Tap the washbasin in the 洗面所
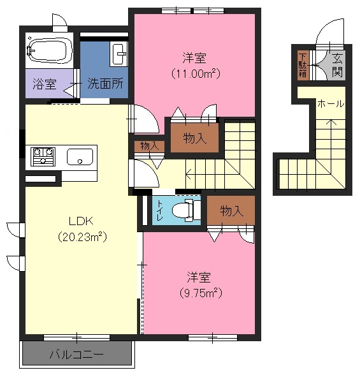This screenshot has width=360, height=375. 119,54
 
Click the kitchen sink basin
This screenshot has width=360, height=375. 80,157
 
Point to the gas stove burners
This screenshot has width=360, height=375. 43,157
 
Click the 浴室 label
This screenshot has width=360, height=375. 45,84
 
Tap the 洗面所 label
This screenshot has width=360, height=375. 105,84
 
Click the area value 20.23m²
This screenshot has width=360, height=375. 82,237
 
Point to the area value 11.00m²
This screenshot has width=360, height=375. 196,73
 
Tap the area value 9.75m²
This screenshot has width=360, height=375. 201,293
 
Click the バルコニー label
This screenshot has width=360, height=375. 76,354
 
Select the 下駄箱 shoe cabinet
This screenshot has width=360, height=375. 303,65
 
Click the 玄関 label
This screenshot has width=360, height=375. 337,65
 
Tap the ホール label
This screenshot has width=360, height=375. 331,104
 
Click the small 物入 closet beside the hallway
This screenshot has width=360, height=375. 150,146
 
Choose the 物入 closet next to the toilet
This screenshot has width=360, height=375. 231,210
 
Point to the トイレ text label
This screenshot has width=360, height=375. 160,210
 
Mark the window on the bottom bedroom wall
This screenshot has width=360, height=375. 213,338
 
